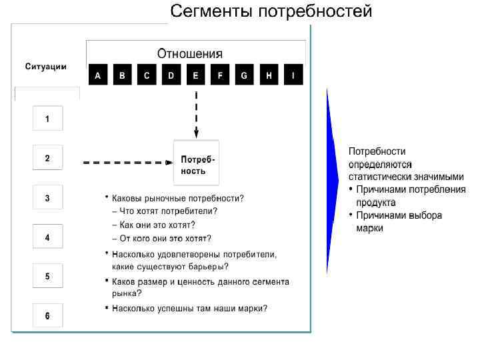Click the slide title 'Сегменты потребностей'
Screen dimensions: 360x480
click(x=271, y=12)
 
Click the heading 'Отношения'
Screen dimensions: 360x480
click(x=190, y=54)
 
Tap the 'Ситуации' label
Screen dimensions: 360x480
click(x=46, y=67)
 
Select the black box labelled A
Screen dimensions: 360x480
click(x=98, y=76)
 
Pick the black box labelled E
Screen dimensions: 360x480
click(x=195, y=76)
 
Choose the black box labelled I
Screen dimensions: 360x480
click(x=293, y=76)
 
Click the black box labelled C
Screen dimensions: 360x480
click(x=147, y=76)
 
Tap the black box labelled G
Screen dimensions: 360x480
click(x=244, y=76)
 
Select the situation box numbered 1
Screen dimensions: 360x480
click(x=47, y=119)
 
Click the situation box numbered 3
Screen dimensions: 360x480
click(x=47, y=198)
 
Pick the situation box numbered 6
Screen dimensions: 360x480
click(x=47, y=315)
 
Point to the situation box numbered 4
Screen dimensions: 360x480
click(x=47, y=237)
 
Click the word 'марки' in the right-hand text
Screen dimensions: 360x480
click(x=369, y=228)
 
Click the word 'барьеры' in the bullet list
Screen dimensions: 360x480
click(x=200, y=267)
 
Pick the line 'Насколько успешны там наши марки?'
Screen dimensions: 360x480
click(x=190, y=309)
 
